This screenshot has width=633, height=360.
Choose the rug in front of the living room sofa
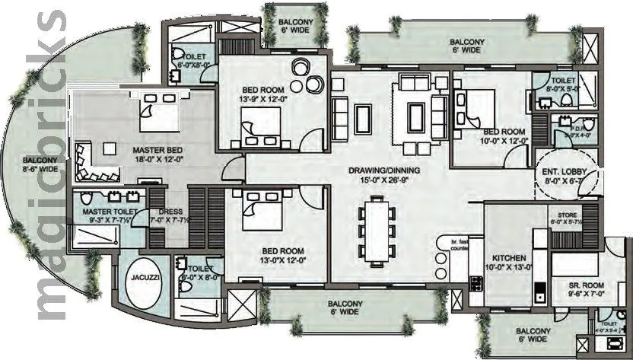[417, 114]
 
